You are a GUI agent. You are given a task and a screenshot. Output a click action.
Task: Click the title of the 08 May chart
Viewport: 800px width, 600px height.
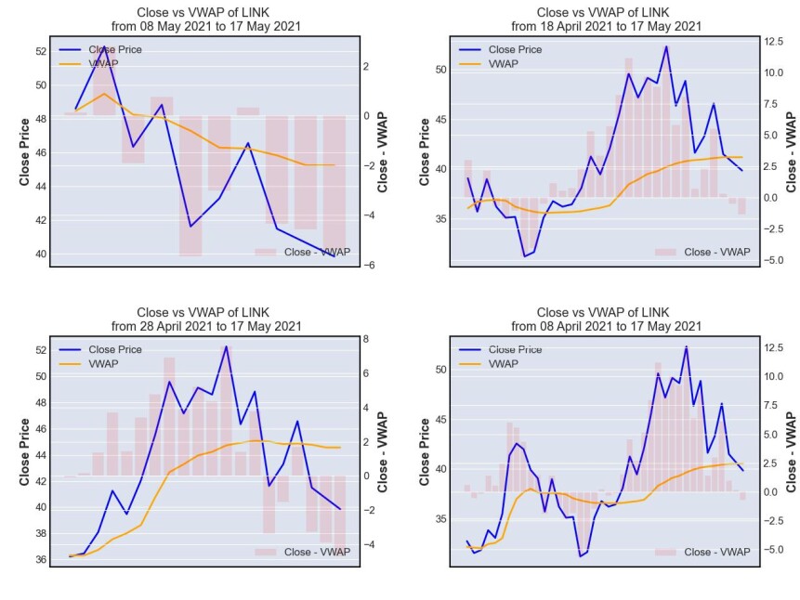(205, 19)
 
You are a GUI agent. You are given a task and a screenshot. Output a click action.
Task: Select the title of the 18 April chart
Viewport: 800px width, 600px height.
(606, 19)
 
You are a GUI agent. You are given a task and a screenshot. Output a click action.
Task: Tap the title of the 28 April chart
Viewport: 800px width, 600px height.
(205, 319)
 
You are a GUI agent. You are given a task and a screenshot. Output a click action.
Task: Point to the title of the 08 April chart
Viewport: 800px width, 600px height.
(606, 319)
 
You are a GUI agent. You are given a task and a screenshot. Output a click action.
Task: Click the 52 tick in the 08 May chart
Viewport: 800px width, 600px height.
(41, 51)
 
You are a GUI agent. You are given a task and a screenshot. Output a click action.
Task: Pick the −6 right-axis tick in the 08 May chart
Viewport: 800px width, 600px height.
(369, 266)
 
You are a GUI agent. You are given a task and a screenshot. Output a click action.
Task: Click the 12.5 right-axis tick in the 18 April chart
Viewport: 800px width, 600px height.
(773, 41)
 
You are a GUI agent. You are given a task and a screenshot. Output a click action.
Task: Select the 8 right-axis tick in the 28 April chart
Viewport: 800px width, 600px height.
(366, 339)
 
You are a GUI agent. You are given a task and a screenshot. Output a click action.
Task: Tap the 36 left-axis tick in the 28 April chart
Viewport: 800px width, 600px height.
(41, 560)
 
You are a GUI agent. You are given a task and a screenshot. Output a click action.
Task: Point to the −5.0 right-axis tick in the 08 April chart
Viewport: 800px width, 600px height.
(773, 550)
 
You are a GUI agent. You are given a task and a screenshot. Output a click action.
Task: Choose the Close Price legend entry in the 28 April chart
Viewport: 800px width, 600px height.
(100, 349)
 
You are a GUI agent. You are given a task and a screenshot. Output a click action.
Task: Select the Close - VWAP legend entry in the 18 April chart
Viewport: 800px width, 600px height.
(702, 252)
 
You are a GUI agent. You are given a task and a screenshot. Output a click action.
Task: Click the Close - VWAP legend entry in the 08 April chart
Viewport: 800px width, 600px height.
(702, 552)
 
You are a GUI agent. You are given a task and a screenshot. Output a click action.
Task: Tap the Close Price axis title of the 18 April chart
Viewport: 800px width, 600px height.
(425, 152)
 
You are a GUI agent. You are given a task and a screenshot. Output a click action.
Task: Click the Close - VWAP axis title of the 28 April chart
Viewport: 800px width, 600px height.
(383, 452)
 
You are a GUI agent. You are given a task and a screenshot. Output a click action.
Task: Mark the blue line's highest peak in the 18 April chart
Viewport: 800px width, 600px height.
(666, 46)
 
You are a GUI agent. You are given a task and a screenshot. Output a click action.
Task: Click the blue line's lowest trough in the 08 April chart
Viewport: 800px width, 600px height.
(580, 556)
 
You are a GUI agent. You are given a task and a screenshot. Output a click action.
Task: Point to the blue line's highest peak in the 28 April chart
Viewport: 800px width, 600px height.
(226, 346)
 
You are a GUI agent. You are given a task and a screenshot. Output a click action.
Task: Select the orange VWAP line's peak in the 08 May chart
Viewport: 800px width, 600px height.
(105, 94)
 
